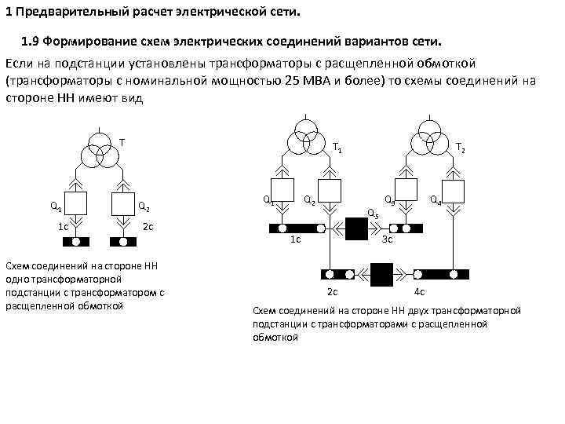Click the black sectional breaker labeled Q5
(357, 228)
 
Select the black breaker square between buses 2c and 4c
(382, 274)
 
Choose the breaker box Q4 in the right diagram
(453, 193)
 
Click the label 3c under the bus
(386, 240)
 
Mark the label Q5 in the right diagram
(373, 214)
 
